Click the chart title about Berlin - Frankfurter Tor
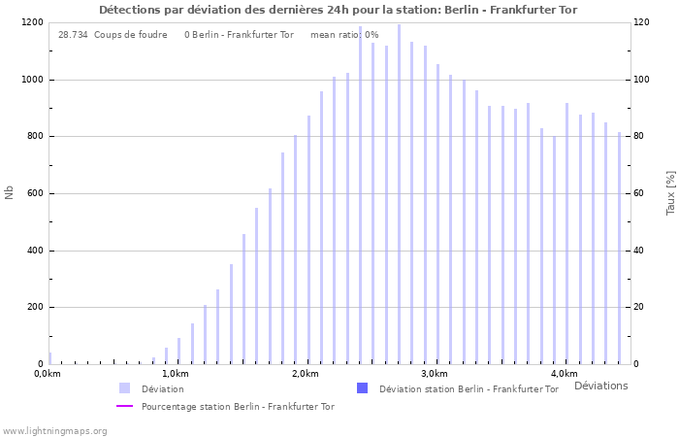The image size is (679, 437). tap(338, 10)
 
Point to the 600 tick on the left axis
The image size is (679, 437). tap(34, 193)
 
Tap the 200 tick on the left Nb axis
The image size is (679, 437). tap(34, 307)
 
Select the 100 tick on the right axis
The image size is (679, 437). tap(643, 80)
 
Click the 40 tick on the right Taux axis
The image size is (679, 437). tap(640, 251)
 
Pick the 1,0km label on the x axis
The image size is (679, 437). tap(175, 374)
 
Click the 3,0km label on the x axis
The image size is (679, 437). tap(434, 374)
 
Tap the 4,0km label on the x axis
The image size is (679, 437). tap(564, 374)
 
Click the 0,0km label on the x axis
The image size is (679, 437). tap(47, 374)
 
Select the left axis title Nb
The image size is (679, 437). tap(10, 192)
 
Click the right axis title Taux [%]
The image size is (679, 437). tap(670, 192)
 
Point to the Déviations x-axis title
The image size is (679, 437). tap(600, 386)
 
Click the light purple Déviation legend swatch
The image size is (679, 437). tap(124, 388)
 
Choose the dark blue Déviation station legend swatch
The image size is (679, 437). tap(362, 388)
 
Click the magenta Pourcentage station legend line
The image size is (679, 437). tap(124, 406)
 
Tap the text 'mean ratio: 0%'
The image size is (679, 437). tap(344, 35)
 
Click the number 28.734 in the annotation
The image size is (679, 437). tap(73, 35)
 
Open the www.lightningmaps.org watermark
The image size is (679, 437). tap(54, 430)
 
